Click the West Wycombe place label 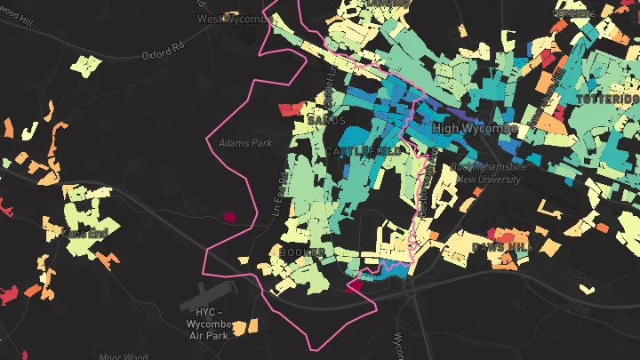point(234,18)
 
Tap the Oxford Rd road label point(163,55)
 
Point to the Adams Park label point(245,142)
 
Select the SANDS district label point(324,119)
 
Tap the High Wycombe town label point(475,129)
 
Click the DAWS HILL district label point(500,246)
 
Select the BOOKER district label point(296,252)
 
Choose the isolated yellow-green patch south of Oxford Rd point(86,65)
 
